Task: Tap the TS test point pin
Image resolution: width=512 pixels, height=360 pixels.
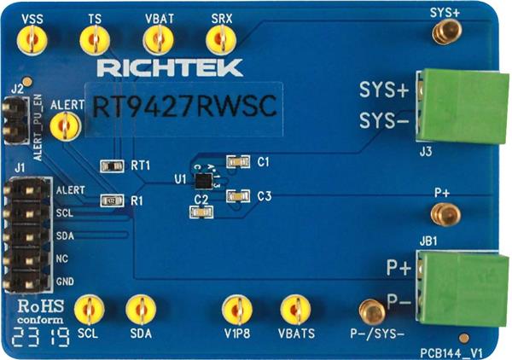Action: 93,39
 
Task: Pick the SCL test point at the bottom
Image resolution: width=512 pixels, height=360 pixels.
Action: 88,309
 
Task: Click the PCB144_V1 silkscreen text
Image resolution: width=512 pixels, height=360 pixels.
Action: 453,350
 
